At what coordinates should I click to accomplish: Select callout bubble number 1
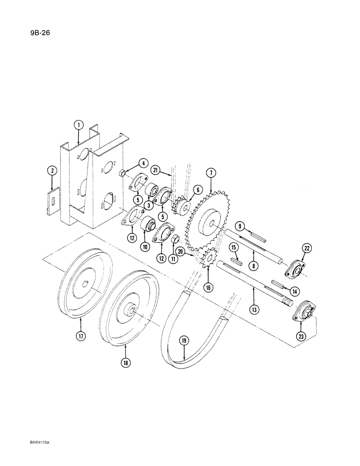(79, 124)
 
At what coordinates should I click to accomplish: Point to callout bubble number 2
(53, 171)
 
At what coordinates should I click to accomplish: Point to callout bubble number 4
(143, 164)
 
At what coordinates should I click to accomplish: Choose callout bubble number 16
(208, 288)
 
